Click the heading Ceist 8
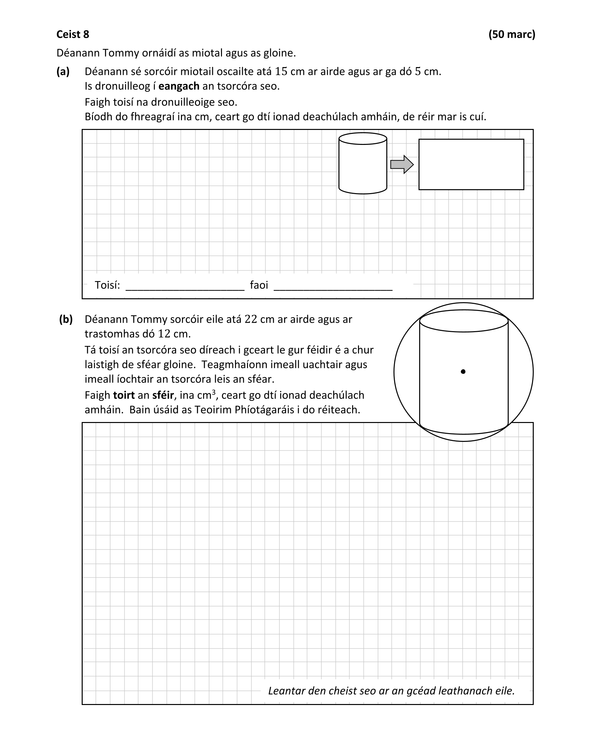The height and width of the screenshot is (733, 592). tap(73, 35)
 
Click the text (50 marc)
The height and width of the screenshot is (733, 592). tap(512, 35)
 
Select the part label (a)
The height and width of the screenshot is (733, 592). tap(63, 71)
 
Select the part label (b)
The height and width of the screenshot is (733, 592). tap(66, 319)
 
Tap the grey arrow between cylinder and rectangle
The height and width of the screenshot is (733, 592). tap(402, 164)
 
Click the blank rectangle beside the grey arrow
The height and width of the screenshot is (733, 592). tap(471, 164)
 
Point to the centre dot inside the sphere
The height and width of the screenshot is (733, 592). tap(463, 372)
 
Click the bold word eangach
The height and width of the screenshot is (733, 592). tap(179, 86)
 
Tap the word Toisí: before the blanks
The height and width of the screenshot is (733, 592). tap(107, 285)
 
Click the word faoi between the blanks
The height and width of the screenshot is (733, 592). tap(259, 285)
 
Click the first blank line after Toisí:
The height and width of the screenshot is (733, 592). tap(185, 289)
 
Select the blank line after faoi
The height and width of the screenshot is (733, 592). tap(333, 289)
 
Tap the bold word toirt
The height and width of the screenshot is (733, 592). tap(124, 395)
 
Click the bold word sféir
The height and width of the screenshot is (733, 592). tap(163, 395)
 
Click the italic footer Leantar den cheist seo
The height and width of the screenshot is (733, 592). tap(391, 691)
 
